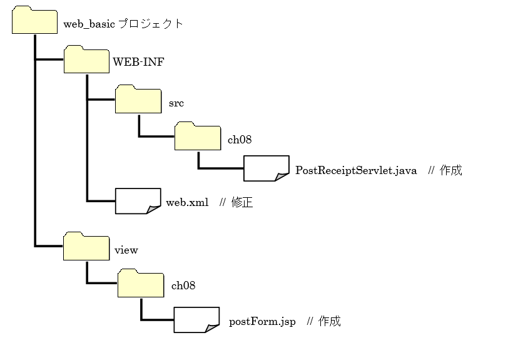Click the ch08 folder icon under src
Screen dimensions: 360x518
pos(197,136)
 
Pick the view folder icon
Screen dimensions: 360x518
pos(86,247)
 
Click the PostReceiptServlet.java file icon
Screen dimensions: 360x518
pos(266,168)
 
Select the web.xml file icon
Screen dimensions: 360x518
pos(138,200)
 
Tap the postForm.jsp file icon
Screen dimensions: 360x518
pos(196,320)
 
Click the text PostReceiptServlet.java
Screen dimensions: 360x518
pos(356,171)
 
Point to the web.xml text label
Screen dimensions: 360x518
pos(187,203)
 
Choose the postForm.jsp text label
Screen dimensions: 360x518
pos(262,322)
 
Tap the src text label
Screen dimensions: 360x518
pos(176,101)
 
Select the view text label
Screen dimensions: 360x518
pos(126,250)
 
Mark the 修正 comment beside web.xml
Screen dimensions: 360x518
pos(241,202)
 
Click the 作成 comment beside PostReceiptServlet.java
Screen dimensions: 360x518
pos(450,170)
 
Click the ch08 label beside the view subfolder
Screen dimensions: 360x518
pos(183,285)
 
